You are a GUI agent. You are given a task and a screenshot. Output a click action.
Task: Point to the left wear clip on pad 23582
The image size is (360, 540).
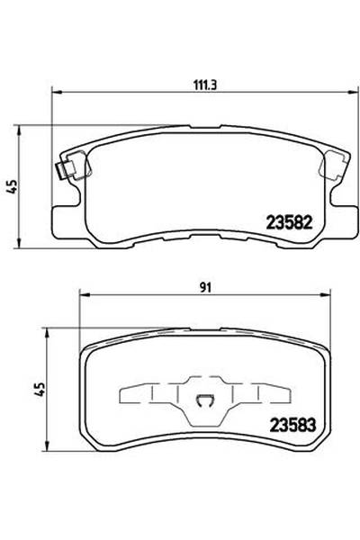pos(67,167)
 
